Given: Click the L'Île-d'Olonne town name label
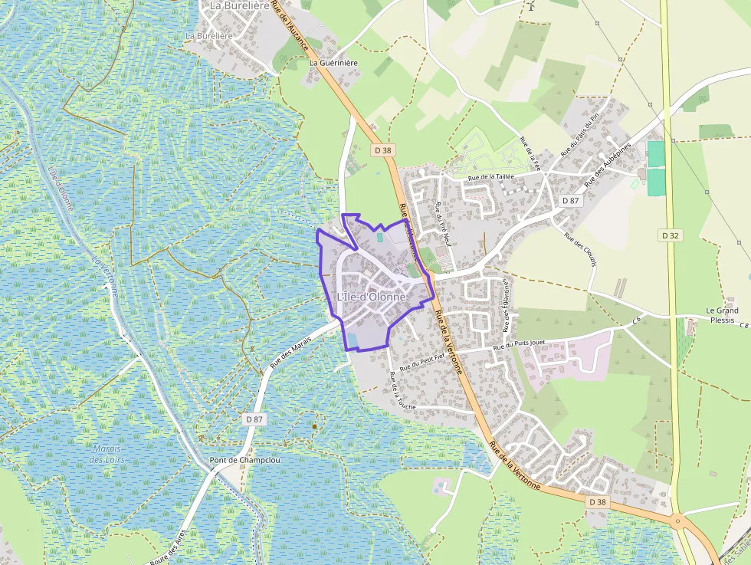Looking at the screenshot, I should (371, 297).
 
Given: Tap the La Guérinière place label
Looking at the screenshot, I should (333, 63).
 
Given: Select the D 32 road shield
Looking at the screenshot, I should (670, 235).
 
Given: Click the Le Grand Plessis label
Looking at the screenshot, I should (720, 315).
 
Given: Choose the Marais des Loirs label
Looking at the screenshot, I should (107, 454).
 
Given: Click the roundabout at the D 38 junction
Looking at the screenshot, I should (677, 521).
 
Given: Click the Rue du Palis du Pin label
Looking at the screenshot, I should (579, 136).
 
